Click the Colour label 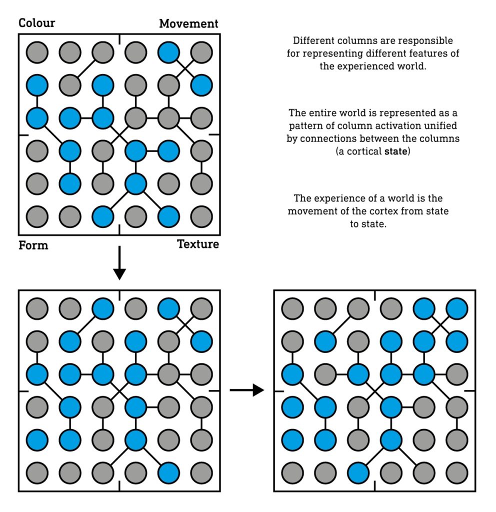[37, 23]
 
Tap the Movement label [188, 23]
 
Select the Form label [33, 245]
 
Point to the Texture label [198, 244]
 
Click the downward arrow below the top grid [119, 263]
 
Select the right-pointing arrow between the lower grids [247, 390]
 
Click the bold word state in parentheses [396, 151]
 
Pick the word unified [441, 125]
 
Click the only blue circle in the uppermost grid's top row [168, 52]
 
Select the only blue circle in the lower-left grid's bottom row [168, 473]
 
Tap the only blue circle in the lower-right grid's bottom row [358, 473]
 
